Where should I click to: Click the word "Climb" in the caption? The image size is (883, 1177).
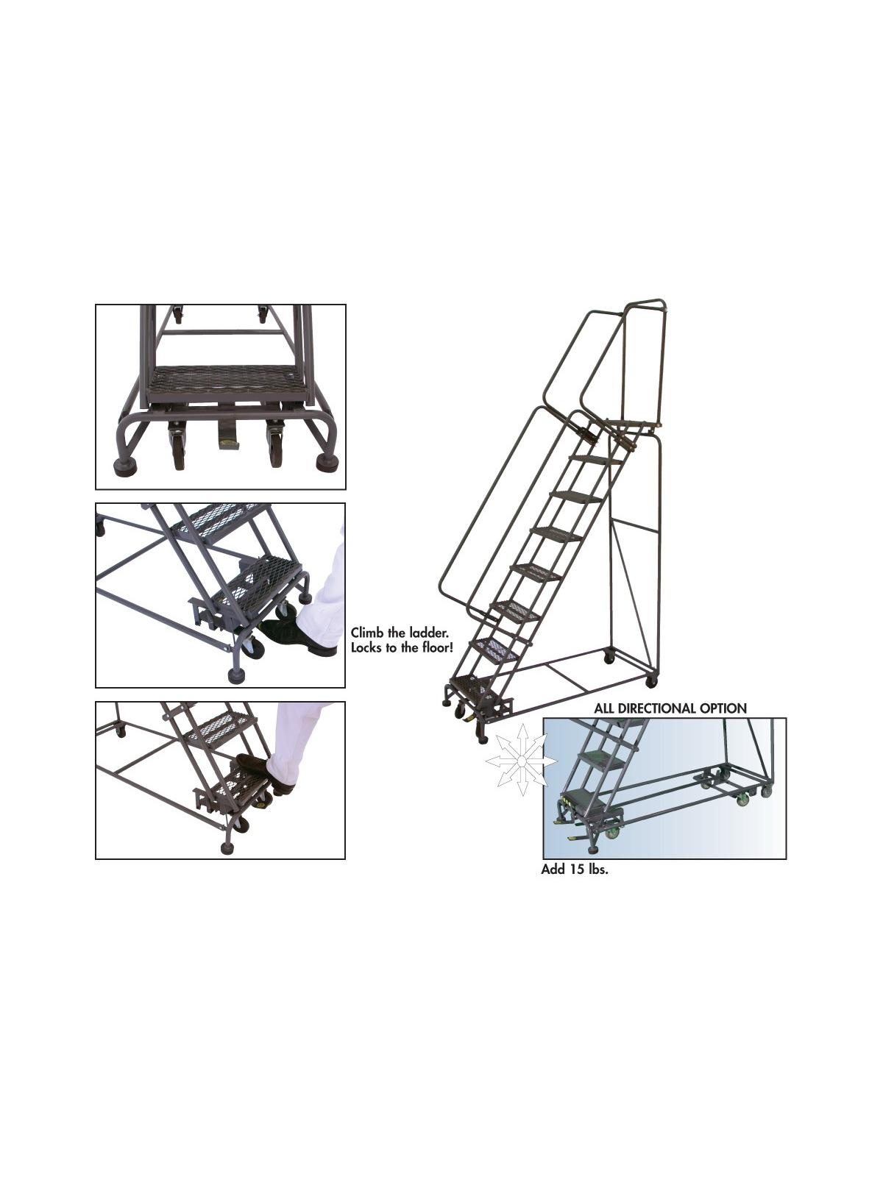[369, 632]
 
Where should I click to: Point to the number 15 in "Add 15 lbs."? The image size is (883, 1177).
[575, 870]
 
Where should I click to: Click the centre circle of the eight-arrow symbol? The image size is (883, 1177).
[522, 759]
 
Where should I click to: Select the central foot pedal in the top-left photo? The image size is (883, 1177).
[228, 438]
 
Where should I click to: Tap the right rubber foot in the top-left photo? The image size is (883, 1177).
[327, 463]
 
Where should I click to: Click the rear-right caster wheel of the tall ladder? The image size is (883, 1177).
[650, 682]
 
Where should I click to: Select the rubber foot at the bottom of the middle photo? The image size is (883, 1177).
[237, 675]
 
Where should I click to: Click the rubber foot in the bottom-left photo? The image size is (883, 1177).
[227, 848]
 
